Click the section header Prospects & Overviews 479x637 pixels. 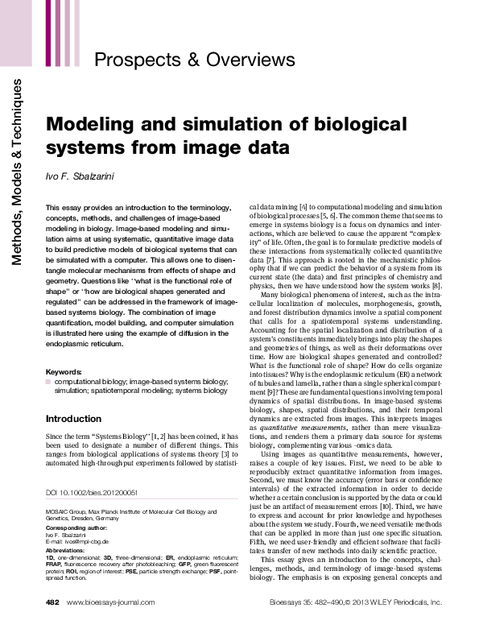pyautogui.click(x=195, y=60)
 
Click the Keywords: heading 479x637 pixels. pyautogui.click(x=64, y=371)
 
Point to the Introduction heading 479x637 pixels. pyautogui.click(x=73, y=419)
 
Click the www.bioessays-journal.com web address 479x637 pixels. pyautogui.click(x=110, y=624)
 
